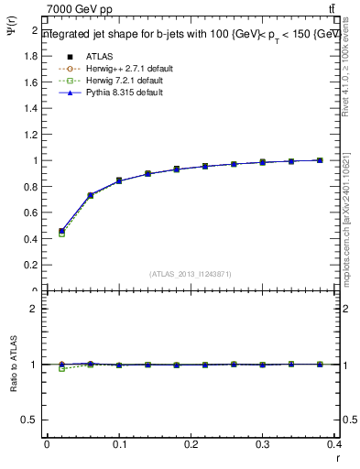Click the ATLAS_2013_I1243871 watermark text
(190, 274)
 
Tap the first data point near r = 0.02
(61, 232)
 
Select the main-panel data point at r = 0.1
(119, 180)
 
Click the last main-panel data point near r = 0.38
(320, 159)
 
